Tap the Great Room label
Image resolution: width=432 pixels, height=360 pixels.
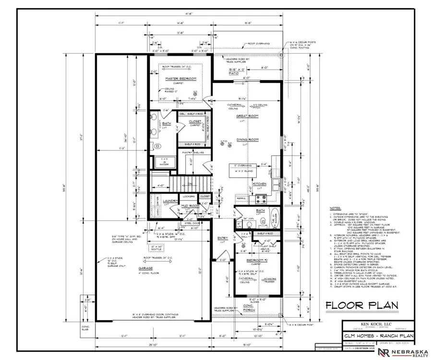(x=248, y=116)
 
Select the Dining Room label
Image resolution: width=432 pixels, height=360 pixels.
(x=248, y=141)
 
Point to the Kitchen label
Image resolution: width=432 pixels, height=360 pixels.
(x=260, y=184)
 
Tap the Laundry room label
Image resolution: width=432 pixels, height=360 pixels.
(x=170, y=201)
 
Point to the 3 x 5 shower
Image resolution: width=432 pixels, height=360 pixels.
(x=164, y=162)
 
